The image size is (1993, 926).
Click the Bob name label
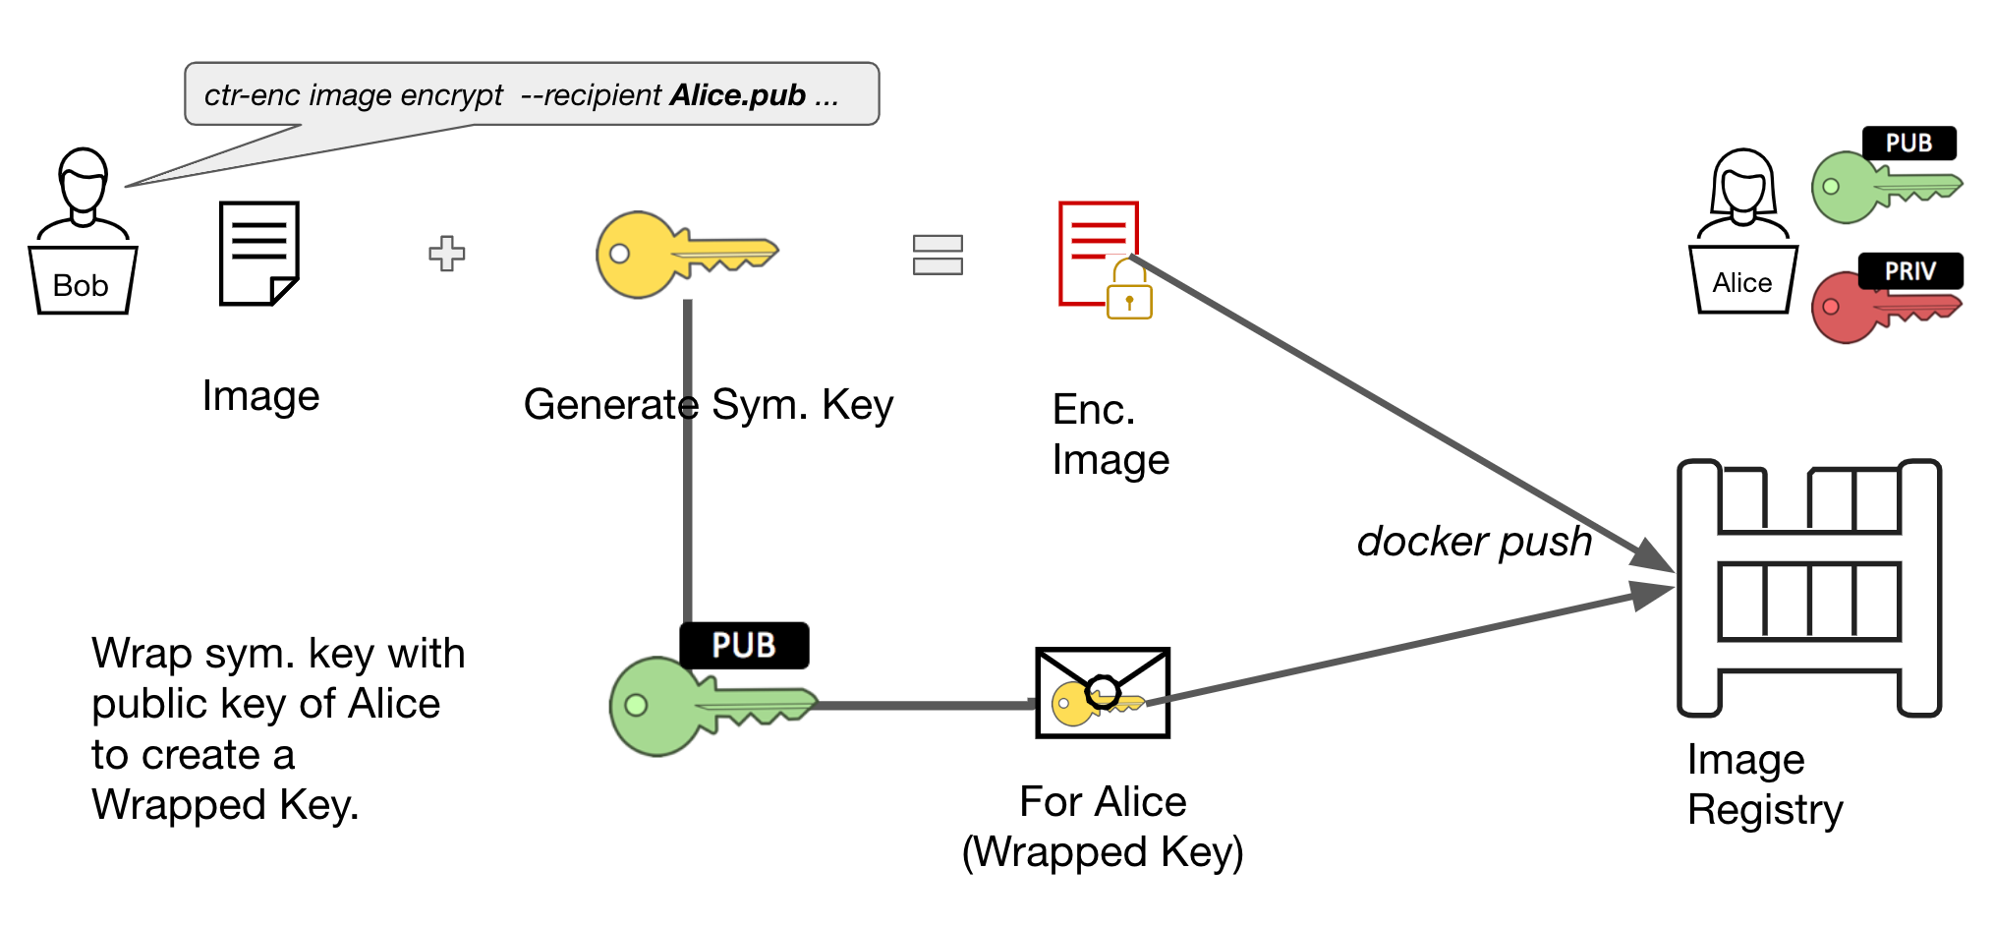point(81,285)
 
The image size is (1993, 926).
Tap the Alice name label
point(1741,283)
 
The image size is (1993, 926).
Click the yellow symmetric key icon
point(678,254)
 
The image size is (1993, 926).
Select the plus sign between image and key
point(447,254)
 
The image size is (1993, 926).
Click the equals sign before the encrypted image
point(938,255)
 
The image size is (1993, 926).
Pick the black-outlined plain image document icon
point(258,254)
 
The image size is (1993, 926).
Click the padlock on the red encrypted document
point(1129,295)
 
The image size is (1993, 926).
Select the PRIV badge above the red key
point(1909,270)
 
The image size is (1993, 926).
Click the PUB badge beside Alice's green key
point(1908,144)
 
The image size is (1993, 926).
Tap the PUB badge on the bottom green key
point(744,646)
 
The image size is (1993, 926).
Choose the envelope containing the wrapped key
point(1103,693)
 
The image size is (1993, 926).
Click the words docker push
point(1474,542)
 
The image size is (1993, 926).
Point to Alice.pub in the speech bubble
point(737,95)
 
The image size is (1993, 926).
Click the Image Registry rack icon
point(1808,588)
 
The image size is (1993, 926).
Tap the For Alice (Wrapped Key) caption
point(1103,827)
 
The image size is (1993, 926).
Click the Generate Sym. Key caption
point(708,405)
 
